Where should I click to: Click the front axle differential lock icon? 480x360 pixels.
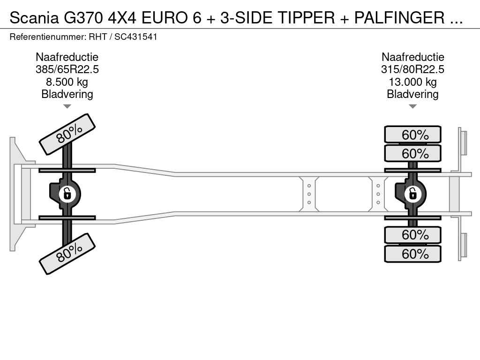coord(67,193)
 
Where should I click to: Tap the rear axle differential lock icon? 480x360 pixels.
coord(412,193)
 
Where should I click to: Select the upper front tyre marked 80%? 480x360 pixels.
coord(67,134)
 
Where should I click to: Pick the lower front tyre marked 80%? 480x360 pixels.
coord(67,253)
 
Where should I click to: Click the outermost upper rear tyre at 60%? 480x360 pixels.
coord(412,135)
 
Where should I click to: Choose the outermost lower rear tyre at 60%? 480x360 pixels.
coord(412,254)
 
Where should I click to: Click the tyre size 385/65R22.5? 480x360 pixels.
coord(67,70)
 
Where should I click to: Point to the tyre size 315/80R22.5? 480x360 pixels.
coord(412,70)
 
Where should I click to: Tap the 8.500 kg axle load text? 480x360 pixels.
coord(67,82)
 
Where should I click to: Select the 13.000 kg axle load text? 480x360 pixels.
coord(412,82)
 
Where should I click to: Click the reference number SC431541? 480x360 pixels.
coord(136,37)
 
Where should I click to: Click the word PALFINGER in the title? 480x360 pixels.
coord(399,18)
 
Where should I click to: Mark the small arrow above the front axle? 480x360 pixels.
coord(67,106)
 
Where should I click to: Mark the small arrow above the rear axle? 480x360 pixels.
coord(412,106)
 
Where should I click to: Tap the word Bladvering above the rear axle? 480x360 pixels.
coord(412,94)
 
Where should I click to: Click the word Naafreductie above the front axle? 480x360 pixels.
coord(67,57)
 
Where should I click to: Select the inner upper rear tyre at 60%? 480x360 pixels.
coord(412,153)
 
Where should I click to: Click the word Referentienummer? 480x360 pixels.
coord(45,37)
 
